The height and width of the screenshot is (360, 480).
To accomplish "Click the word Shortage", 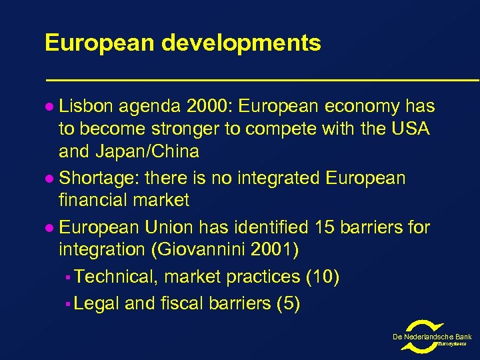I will point(97,179).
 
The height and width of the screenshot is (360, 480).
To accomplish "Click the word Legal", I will point(97,304).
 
